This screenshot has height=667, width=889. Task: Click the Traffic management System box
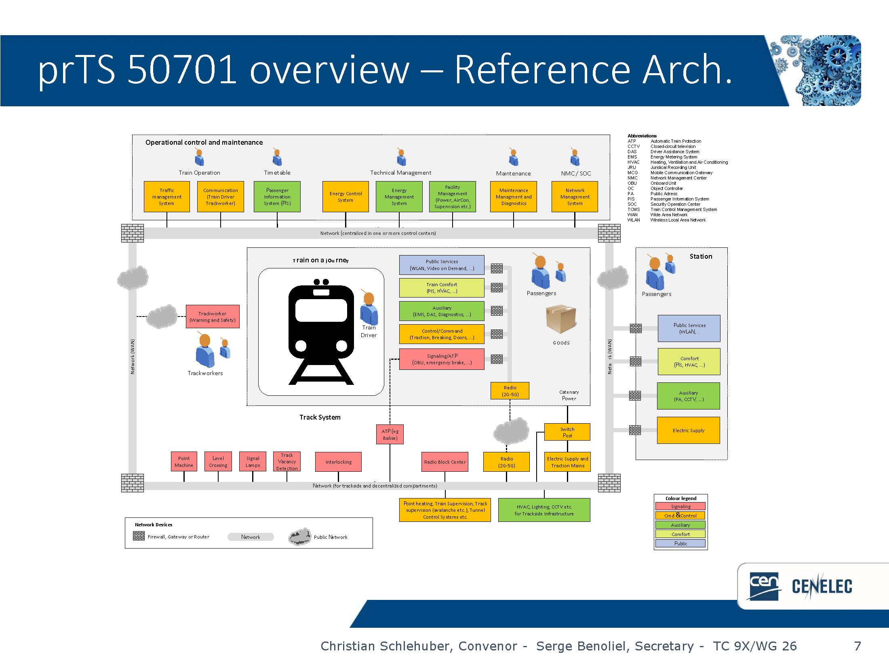(166, 196)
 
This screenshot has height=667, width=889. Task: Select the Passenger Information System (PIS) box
(277, 196)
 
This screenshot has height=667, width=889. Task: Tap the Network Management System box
(574, 196)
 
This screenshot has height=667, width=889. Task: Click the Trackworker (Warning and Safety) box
(213, 317)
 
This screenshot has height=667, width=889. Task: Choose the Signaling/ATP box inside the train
(442, 359)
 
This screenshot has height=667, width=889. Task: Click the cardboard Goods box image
(560, 319)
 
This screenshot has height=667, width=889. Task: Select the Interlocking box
(338, 462)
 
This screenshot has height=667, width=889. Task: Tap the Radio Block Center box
(444, 462)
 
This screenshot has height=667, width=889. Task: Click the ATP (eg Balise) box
(390, 435)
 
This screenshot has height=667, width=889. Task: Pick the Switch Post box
(567, 432)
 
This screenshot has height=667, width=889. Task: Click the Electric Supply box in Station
(688, 430)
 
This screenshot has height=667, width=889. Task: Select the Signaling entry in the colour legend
(680, 506)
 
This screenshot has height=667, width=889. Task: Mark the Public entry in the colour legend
(680, 543)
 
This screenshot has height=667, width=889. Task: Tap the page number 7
(857, 646)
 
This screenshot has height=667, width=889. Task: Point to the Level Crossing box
(218, 462)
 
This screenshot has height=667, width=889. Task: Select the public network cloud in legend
(299, 537)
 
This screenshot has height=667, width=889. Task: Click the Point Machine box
(183, 462)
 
